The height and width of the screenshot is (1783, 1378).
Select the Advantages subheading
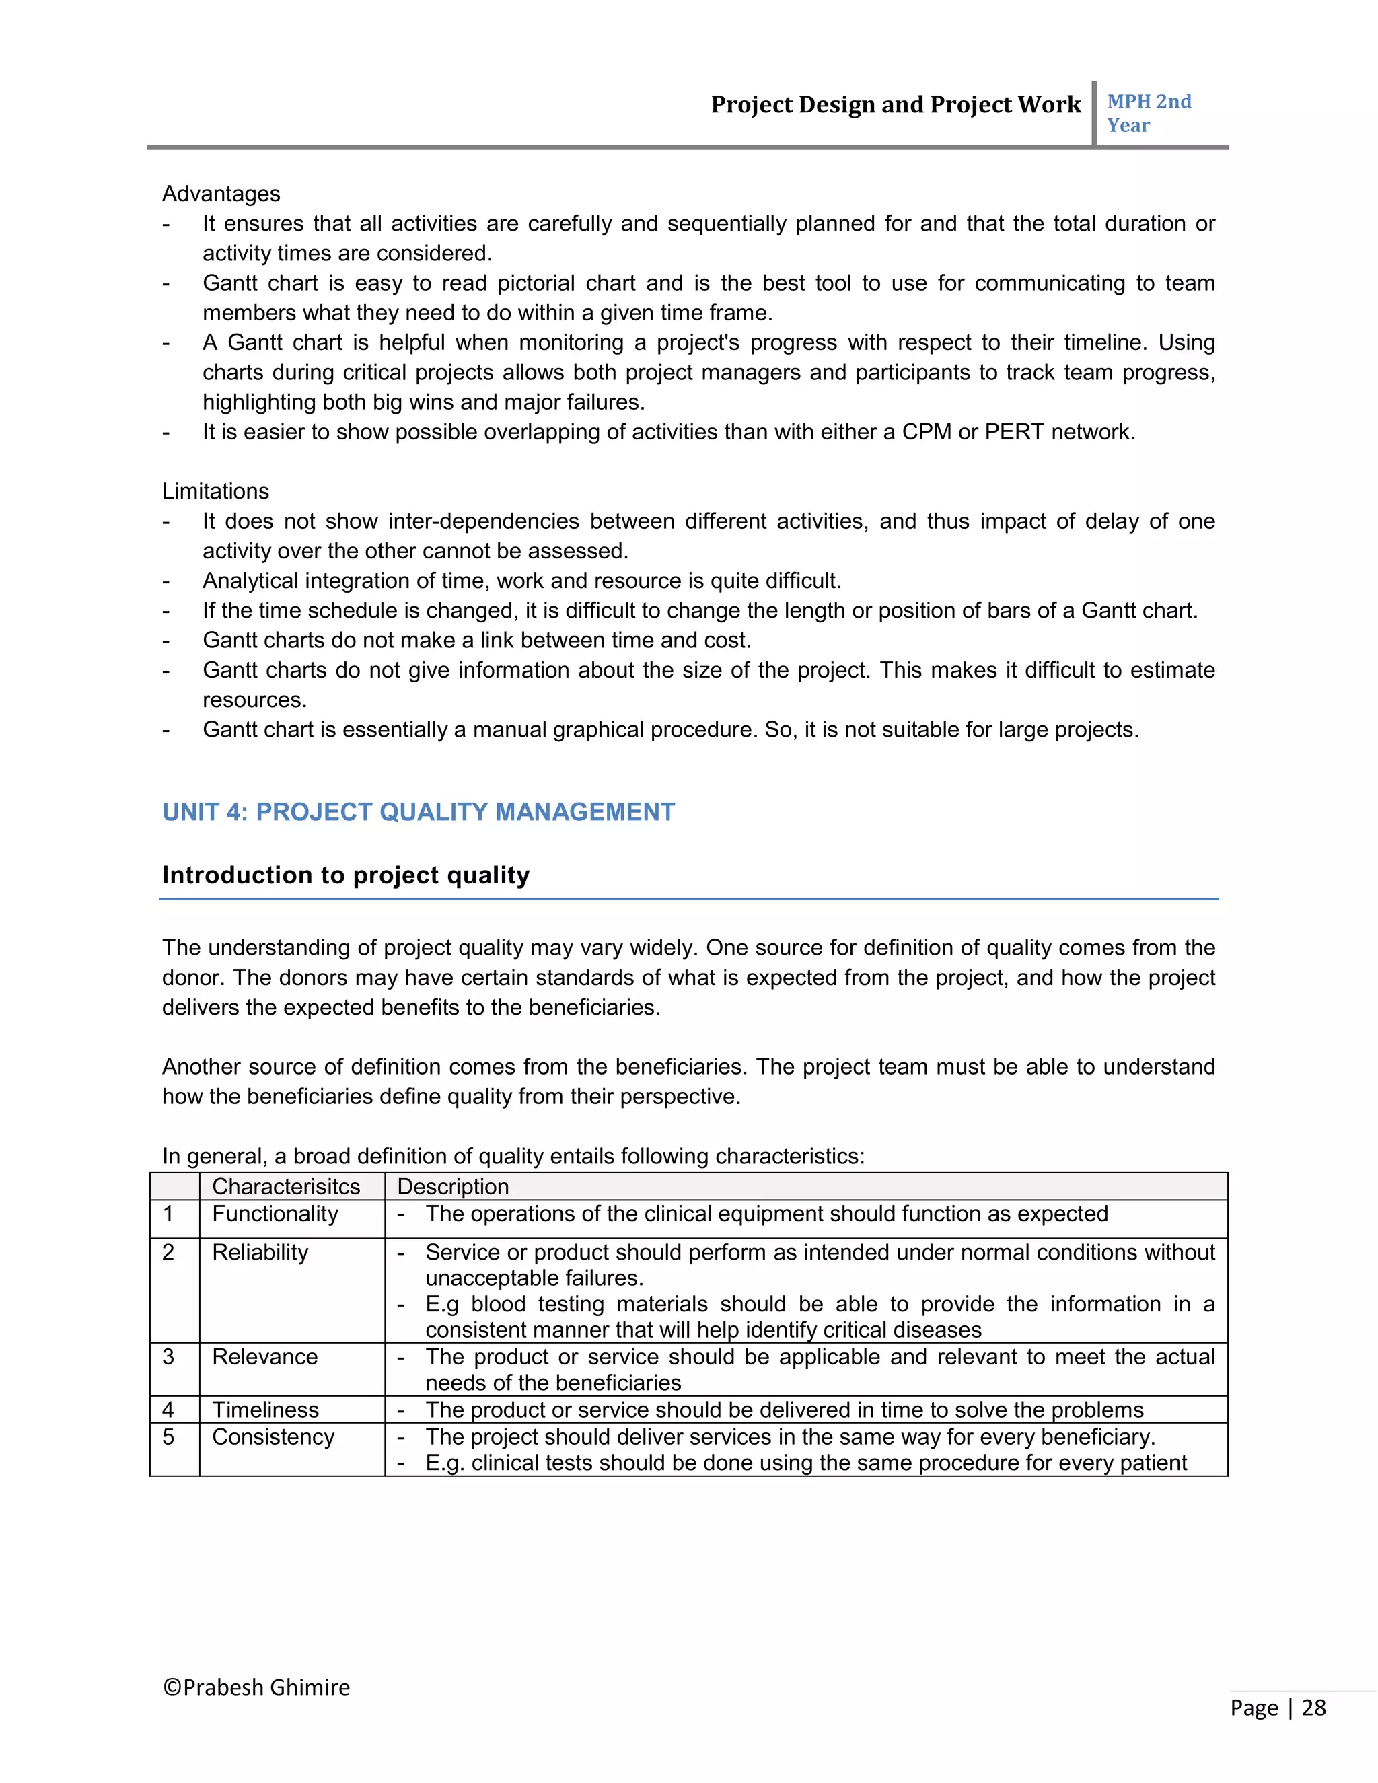point(221,194)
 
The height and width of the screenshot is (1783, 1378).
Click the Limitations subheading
point(215,491)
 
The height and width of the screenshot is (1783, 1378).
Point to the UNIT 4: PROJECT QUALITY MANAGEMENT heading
point(418,812)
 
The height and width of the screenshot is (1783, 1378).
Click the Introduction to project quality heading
point(345,875)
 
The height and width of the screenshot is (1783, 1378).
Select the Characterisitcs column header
point(286,1186)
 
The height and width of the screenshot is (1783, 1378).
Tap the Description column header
point(453,1186)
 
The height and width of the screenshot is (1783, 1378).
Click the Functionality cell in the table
point(275,1214)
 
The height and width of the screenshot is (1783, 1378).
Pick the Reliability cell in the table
point(260,1252)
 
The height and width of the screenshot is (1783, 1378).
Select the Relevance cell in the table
point(264,1357)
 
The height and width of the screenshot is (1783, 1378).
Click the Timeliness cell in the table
point(265,1410)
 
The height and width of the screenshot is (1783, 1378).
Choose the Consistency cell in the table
point(273,1437)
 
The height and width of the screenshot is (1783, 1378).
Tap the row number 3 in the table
point(168,1357)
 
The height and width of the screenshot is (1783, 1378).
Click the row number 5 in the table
point(168,1437)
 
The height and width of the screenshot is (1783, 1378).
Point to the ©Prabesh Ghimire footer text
point(256,1687)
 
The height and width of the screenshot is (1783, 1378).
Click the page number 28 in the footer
point(1313,1708)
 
